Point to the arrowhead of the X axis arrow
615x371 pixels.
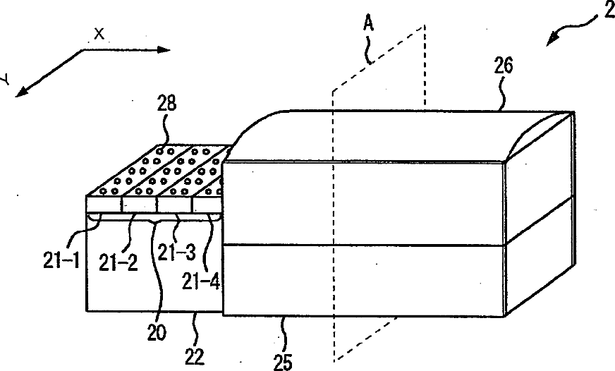tap(166, 49)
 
